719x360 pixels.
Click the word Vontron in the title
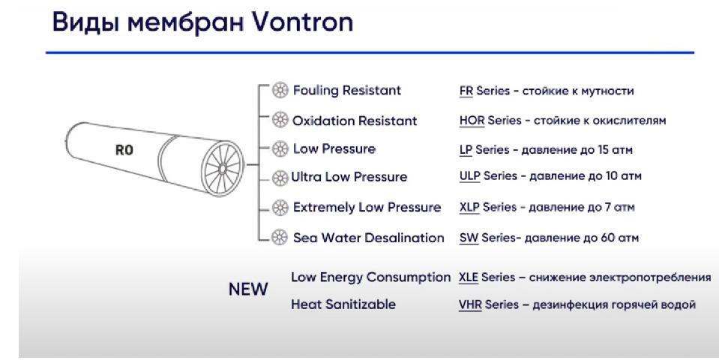point(303,22)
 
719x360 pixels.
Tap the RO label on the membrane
point(124,149)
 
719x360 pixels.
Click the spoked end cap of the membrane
point(223,168)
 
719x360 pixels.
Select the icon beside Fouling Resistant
point(280,90)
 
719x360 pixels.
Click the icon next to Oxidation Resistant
point(280,120)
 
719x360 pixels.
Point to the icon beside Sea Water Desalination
point(279,237)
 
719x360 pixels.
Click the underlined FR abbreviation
point(466,91)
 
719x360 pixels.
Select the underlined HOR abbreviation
point(472,121)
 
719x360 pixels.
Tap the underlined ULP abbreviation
point(469,176)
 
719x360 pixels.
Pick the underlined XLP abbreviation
point(469,207)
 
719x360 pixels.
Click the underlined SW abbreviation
point(469,238)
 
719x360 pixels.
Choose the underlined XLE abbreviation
point(468,277)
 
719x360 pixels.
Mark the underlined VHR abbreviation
point(470,304)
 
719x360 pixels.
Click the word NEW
point(248,289)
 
